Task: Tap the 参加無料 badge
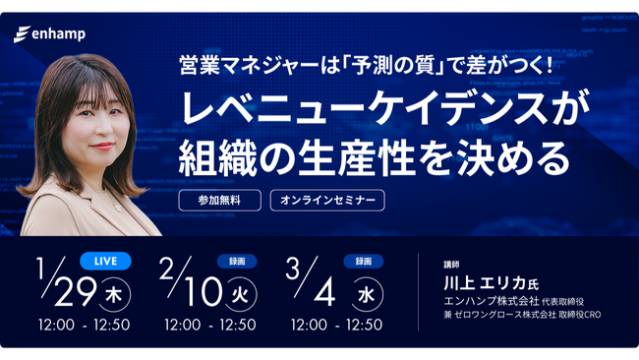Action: [x=219, y=200]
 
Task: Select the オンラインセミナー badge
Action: [x=327, y=200]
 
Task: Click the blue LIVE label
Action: [x=106, y=261]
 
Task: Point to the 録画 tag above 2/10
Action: [x=236, y=261]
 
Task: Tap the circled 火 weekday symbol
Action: [x=240, y=294]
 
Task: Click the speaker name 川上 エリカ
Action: [x=482, y=281]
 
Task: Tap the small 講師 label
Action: [x=451, y=264]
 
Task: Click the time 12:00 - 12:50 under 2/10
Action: [x=210, y=325]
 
